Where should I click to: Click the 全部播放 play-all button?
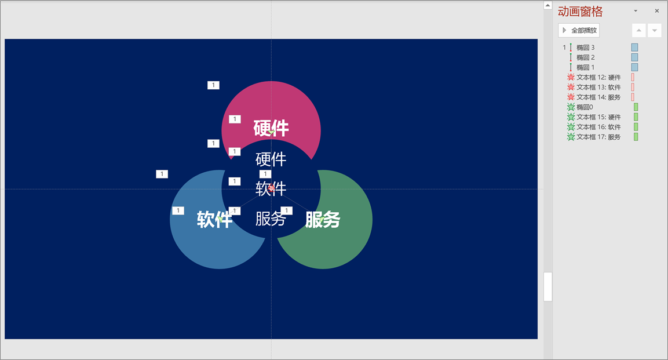[x=579, y=30]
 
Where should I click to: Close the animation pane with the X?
[x=656, y=11]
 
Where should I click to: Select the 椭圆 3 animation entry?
[x=585, y=48]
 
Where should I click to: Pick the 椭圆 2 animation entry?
[x=585, y=57]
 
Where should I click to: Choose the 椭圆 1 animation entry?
[x=585, y=67]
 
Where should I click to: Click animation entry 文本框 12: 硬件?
[x=598, y=77]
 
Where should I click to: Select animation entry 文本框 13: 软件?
[x=598, y=88]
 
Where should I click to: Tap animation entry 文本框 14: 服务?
[x=598, y=97]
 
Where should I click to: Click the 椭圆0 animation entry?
[x=585, y=107]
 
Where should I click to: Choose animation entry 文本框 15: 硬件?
[x=598, y=117]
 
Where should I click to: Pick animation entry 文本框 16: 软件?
[x=598, y=127]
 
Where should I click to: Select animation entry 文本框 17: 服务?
[x=598, y=137]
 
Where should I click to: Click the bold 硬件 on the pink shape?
[x=271, y=128]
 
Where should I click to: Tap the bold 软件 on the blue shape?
[x=214, y=219]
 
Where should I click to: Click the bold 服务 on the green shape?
[x=323, y=219]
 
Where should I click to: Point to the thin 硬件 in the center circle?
[x=271, y=159]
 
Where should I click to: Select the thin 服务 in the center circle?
[x=271, y=219]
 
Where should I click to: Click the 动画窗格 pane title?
[x=581, y=12]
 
